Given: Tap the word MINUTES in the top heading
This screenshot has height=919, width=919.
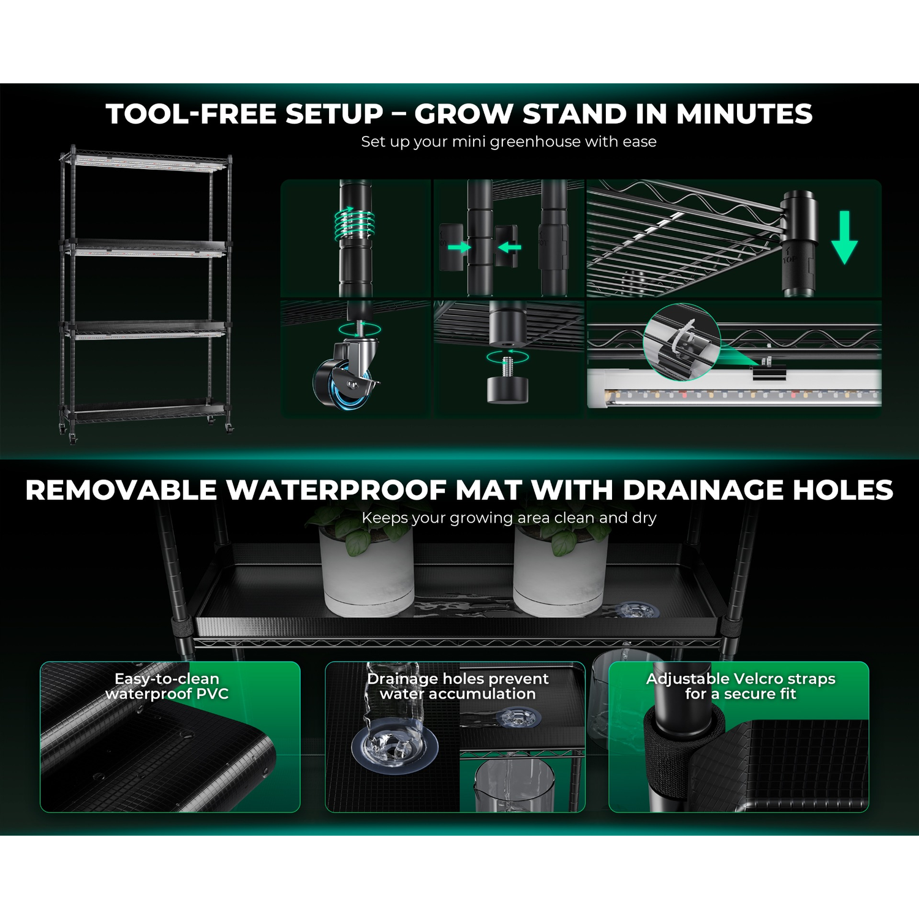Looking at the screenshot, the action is (744, 114).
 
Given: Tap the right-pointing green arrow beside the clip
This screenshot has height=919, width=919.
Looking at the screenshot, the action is (459, 247).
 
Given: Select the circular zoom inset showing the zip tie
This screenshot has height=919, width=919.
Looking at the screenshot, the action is (682, 341).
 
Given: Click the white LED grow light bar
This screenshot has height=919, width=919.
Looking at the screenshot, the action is (734, 388).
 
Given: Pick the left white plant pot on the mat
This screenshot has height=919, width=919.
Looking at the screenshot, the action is (366, 571).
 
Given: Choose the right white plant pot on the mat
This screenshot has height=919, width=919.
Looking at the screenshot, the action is (561, 571).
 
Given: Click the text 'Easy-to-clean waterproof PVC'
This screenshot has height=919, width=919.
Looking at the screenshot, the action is (167, 686).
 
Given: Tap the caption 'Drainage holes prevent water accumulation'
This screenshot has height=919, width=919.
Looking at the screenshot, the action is (458, 686).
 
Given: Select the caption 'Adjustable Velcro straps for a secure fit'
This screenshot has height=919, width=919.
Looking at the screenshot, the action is (741, 686).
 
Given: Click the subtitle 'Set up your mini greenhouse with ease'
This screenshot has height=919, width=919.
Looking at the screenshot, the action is (509, 142).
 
